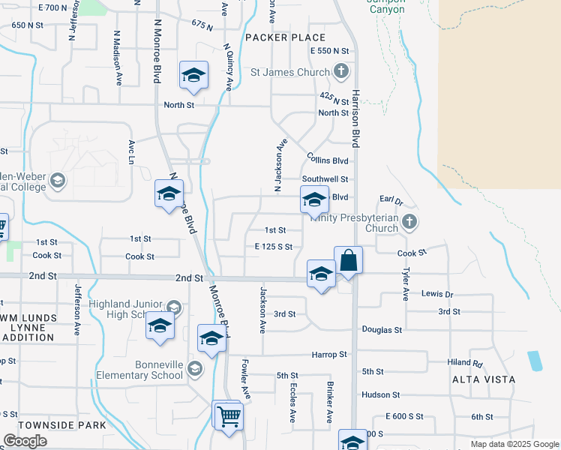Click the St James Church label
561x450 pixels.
(x=290, y=73)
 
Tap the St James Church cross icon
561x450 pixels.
(x=341, y=72)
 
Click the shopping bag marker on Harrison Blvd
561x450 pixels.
(x=348, y=261)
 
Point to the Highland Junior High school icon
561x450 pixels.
(x=174, y=306)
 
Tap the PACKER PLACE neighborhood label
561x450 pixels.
(x=285, y=37)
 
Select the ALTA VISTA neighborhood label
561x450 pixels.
(x=484, y=380)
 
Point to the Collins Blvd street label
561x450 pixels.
(x=328, y=160)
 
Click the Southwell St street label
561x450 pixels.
(x=325, y=179)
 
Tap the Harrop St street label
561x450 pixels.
(x=330, y=354)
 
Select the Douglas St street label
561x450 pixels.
(x=382, y=329)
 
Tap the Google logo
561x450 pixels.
(x=25, y=441)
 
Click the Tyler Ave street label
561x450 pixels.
(x=406, y=285)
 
